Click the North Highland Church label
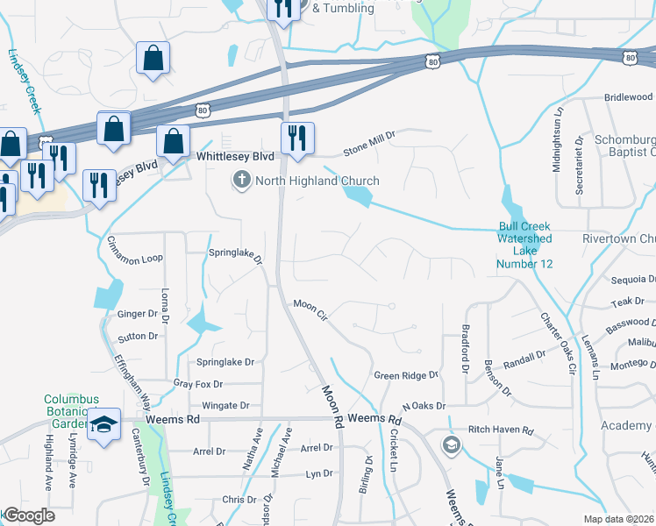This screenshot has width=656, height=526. (x=317, y=181)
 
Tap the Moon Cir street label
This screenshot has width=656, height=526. (x=310, y=309)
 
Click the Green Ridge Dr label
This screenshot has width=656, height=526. (x=405, y=375)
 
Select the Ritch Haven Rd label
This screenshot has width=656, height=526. (x=501, y=430)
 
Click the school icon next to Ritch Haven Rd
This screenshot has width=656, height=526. (x=451, y=444)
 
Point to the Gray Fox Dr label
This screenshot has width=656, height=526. (x=198, y=384)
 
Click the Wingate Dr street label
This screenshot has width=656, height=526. (x=225, y=406)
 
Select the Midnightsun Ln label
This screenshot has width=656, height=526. (x=557, y=139)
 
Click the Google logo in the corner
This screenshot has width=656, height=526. (x=29, y=516)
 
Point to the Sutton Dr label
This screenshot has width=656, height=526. (x=138, y=336)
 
